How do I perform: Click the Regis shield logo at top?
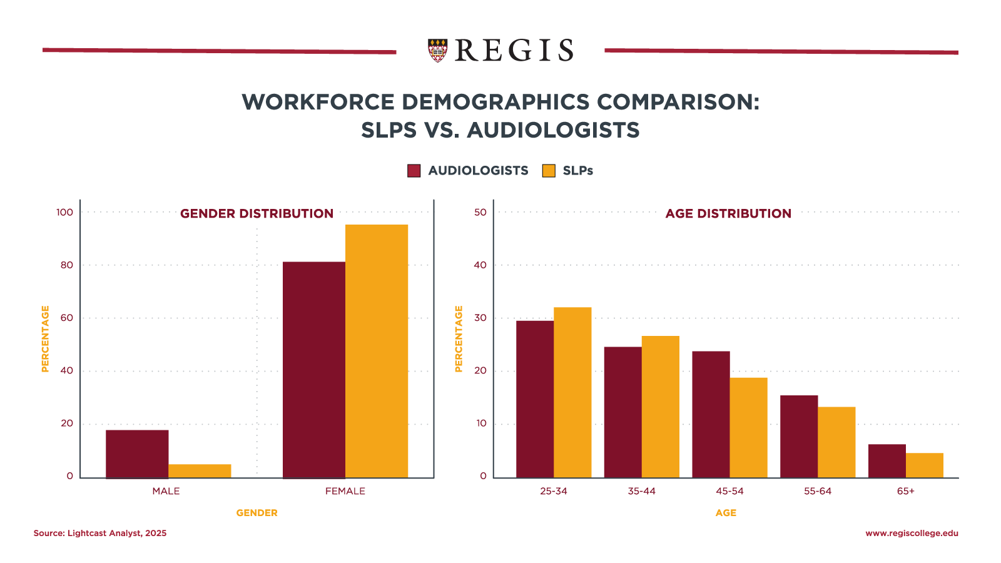pyautogui.click(x=437, y=50)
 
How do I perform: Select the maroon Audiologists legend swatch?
pyautogui.click(x=414, y=171)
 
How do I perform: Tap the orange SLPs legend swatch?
pyautogui.click(x=549, y=171)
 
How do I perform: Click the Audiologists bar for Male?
pyautogui.click(x=137, y=454)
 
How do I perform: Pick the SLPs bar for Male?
pyautogui.click(x=200, y=471)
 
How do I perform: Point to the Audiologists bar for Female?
pyautogui.click(x=313, y=370)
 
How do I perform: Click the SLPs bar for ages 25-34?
pyautogui.click(x=572, y=393)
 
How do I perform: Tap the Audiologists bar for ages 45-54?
pyautogui.click(x=711, y=415)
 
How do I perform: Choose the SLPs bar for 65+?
pyautogui.click(x=925, y=465)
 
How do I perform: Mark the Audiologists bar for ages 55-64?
pyautogui.click(x=799, y=437)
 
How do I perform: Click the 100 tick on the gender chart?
pyautogui.click(x=65, y=212)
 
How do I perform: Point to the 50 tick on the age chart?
pyautogui.click(x=480, y=212)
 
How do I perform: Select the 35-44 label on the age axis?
pyautogui.click(x=641, y=491)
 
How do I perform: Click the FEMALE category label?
pyautogui.click(x=345, y=491)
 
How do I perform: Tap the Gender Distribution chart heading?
pyautogui.click(x=257, y=213)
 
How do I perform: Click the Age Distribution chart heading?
pyautogui.click(x=728, y=213)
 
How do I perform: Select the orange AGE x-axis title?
pyautogui.click(x=726, y=513)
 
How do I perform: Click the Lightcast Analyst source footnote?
pyautogui.click(x=100, y=534)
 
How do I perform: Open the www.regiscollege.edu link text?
pyautogui.click(x=912, y=534)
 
